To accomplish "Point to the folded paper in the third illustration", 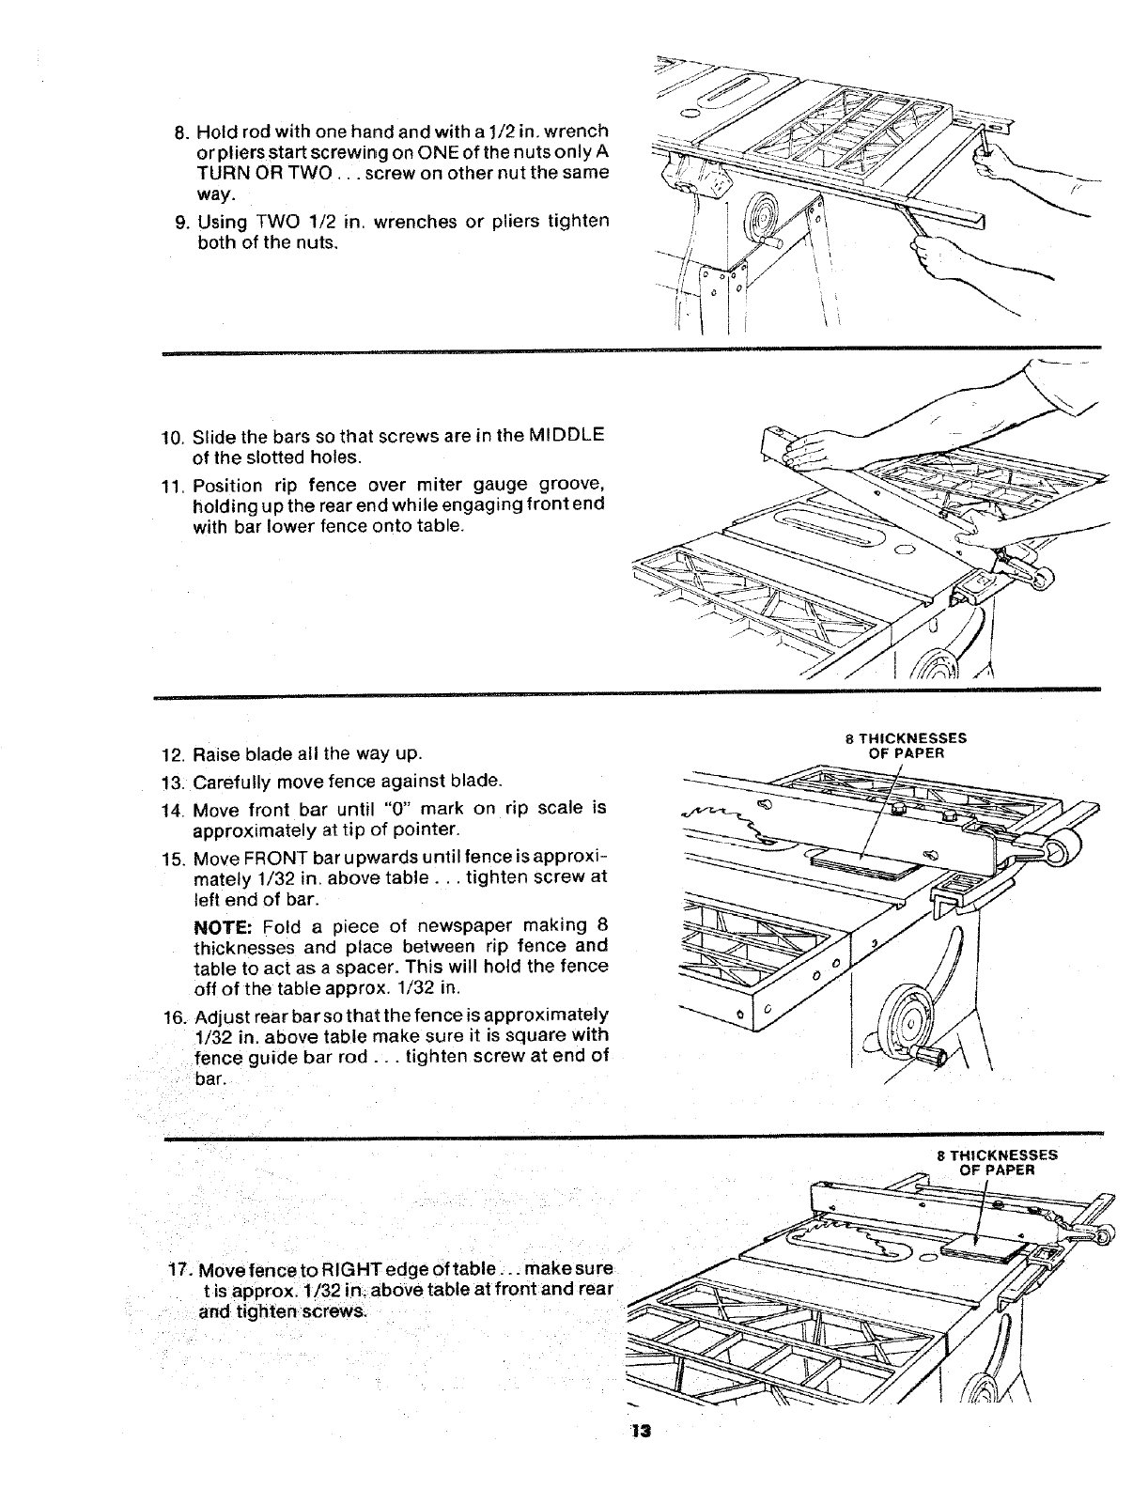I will click(862, 862).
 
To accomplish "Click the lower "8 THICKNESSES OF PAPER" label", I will click(997, 1162).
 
